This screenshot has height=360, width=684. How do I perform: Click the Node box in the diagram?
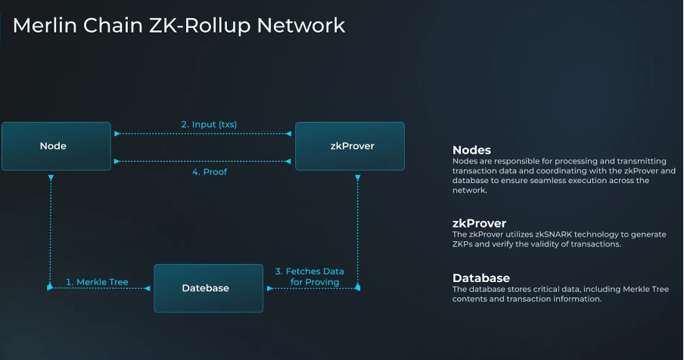point(53,146)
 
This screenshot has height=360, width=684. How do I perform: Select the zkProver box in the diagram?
point(350,146)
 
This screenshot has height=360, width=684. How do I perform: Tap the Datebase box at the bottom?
point(208,288)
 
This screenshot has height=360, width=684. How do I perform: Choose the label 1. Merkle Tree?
point(97,282)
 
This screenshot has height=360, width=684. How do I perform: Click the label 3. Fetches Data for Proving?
point(309,276)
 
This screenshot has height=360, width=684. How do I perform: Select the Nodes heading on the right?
point(471,150)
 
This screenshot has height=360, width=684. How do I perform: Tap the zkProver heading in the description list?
point(480,223)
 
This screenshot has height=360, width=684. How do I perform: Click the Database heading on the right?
point(480,278)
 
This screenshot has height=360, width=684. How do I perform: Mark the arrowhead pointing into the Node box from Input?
point(116,134)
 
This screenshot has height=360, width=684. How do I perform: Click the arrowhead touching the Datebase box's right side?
point(266,288)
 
